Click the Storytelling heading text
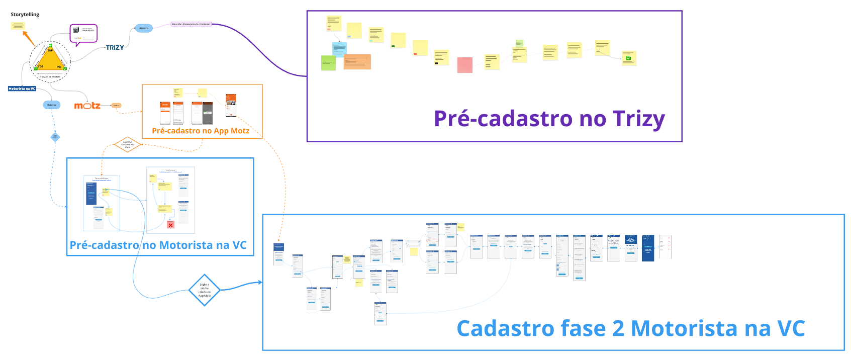coord(25,15)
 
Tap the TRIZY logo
coord(115,48)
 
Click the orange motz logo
coord(87,106)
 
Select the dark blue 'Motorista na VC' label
coord(22,88)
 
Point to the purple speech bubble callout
coord(83,34)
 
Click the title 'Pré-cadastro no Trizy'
coord(549,119)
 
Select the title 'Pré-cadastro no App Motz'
coord(201,131)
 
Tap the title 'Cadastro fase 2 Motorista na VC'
coord(630,329)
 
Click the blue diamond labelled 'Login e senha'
coord(205,290)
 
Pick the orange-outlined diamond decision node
coord(128,144)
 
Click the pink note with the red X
coord(170,225)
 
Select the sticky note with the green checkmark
coord(628,58)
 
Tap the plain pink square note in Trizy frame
coord(465,65)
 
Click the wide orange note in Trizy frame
coord(357,62)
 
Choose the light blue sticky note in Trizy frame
coord(339,49)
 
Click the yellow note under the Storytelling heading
coord(18,26)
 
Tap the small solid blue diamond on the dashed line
coord(55,137)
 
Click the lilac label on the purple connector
coord(191,24)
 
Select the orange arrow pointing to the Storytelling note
coord(29,38)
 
